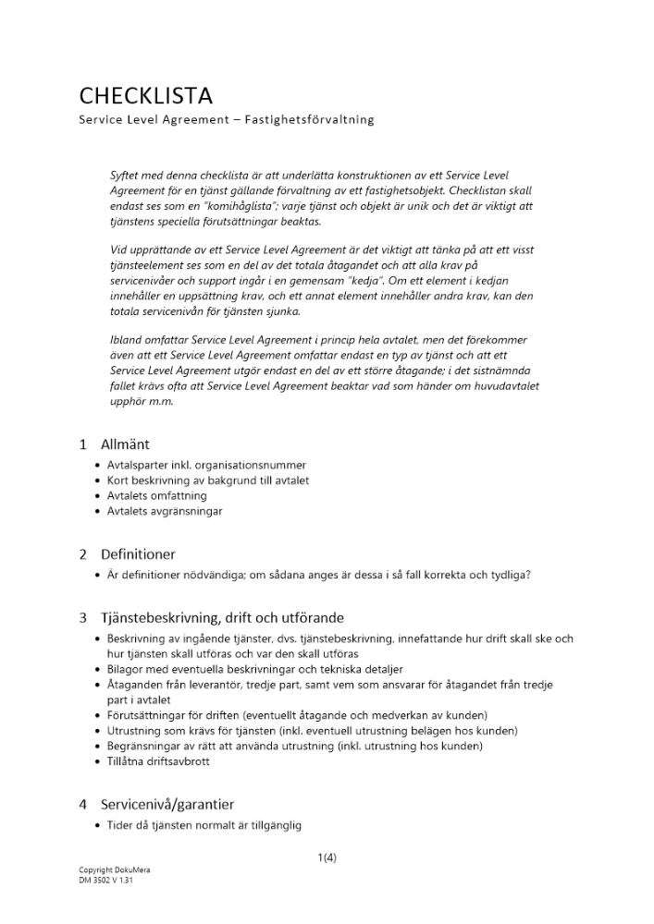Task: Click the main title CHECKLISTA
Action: click(145, 95)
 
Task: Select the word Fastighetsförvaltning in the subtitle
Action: click(309, 120)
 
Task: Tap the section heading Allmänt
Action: click(124, 444)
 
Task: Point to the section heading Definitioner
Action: click(138, 554)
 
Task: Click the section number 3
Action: click(82, 617)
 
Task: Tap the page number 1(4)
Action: click(327, 857)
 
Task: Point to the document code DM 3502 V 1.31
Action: click(107, 881)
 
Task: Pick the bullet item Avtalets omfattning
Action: click(156, 496)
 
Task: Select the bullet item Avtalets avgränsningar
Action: click(164, 511)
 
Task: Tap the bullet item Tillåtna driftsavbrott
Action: click(157, 761)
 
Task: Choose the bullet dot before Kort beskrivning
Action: click(98, 481)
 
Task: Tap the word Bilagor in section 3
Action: click(126, 669)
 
